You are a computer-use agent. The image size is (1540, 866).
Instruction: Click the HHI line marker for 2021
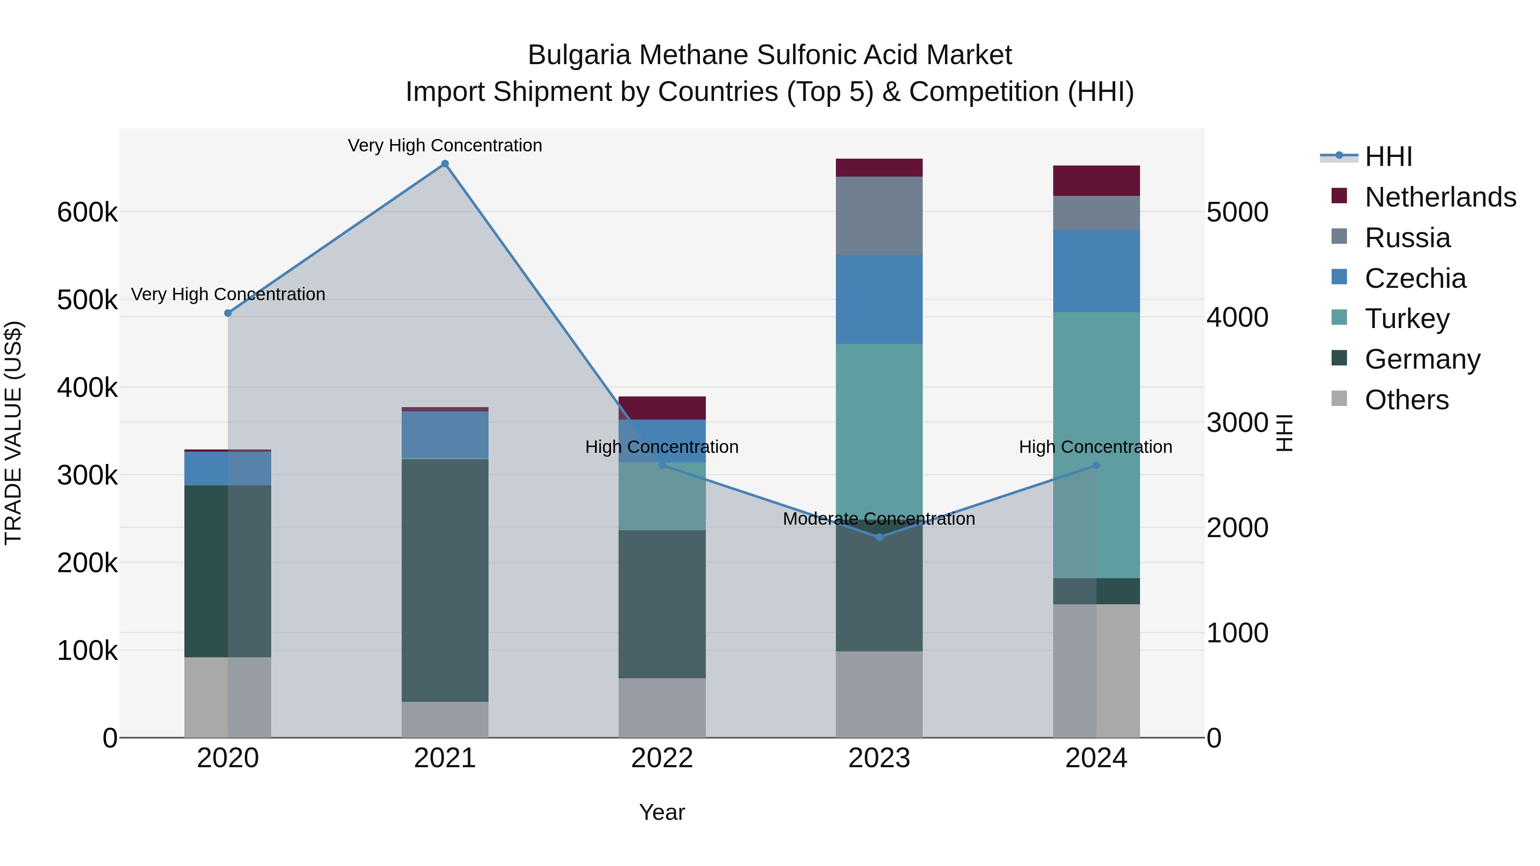tap(445, 164)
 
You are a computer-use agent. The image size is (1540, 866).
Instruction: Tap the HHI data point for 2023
tap(879, 537)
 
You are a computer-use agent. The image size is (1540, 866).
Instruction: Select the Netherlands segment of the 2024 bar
tap(1096, 180)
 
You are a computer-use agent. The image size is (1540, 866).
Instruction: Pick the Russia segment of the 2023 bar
tap(879, 216)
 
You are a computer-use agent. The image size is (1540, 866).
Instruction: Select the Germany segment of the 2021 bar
tap(445, 580)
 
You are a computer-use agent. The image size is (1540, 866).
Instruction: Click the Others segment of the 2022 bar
tap(662, 708)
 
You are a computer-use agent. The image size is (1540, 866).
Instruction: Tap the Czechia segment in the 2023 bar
tap(879, 299)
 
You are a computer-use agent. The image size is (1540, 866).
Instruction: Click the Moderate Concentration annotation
tap(879, 519)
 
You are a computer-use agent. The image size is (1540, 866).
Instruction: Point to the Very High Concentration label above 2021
tap(445, 145)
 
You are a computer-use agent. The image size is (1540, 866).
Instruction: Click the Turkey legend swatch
tap(1339, 318)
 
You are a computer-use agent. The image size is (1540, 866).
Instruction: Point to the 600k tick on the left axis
tap(87, 212)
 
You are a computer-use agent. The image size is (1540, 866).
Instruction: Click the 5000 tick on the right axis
tap(1237, 212)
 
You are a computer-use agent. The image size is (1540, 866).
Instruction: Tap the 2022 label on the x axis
tap(662, 758)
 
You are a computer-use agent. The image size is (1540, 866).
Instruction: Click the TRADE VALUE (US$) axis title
tap(13, 433)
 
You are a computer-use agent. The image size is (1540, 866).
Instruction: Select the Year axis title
tap(662, 812)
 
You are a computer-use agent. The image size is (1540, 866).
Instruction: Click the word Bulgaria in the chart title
tap(579, 55)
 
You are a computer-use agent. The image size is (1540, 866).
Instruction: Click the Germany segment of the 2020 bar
tap(227, 571)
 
